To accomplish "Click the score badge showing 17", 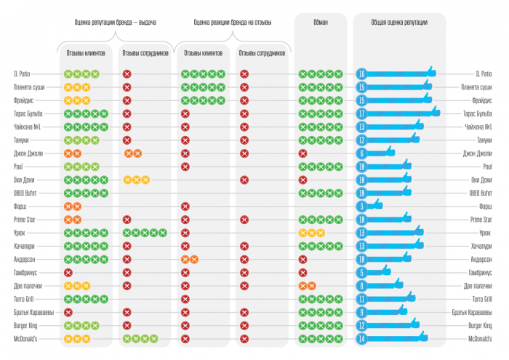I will tap(361, 113).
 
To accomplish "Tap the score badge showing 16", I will tap(361, 73).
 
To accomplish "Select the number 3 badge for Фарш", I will tap(361, 207).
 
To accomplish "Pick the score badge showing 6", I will tap(361, 153).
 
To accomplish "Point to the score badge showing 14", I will tap(361, 339).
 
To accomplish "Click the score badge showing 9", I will tap(361, 313).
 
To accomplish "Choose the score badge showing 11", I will tap(361, 299).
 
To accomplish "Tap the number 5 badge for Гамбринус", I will tap(361, 273).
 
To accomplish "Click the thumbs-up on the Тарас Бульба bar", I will tap(435, 111).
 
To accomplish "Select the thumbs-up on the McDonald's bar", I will tap(422, 337).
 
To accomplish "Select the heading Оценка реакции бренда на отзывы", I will tap(233, 23).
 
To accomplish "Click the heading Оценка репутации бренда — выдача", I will tap(116, 23).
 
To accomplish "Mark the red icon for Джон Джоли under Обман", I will tap(302, 153).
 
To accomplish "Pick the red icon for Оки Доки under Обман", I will tap(302, 180).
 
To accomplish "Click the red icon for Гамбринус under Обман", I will tap(302, 273).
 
